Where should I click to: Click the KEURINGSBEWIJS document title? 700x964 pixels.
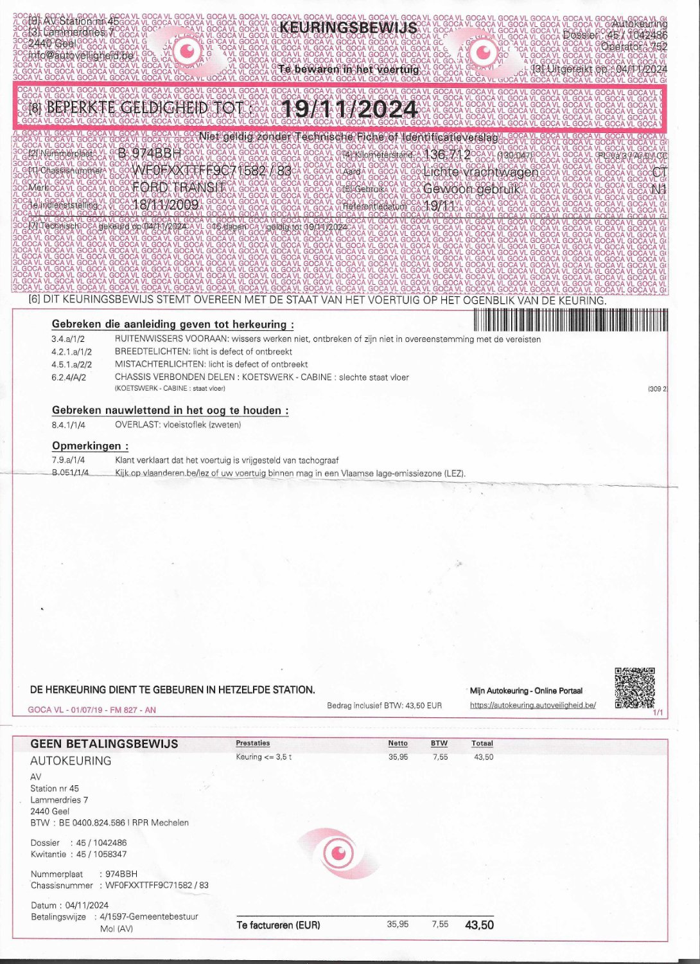pyautogui.click(x=348, y=28)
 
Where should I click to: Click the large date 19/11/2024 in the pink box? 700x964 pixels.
pyautogui.click(x=350, y=108)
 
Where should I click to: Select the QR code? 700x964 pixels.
pyautogui.click(x=634, y=688)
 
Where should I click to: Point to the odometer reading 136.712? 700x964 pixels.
pyautogui.click(x=448, y=155)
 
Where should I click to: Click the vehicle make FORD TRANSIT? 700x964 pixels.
pyautogui.click(x=179, y=188)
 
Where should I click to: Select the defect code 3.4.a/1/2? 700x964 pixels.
pyautogui.click(x=68, y=339)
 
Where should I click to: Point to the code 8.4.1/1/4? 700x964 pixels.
pyautogui.click(x=68, y=425)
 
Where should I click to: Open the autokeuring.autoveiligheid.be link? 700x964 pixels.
pyautogui.click(x=532, y=705)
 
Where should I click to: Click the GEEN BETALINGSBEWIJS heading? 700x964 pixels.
pyautogui.click(x=104, y=744)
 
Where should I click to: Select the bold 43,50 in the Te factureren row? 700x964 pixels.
pyautogui.click(x=479, y=925)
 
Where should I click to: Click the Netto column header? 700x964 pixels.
pyautogui.click(x=398, y=744)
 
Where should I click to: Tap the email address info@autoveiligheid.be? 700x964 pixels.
pyautogui.click(x=81, y=56)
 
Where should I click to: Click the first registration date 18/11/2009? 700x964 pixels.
pyautogui.click(x=165, y=204)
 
